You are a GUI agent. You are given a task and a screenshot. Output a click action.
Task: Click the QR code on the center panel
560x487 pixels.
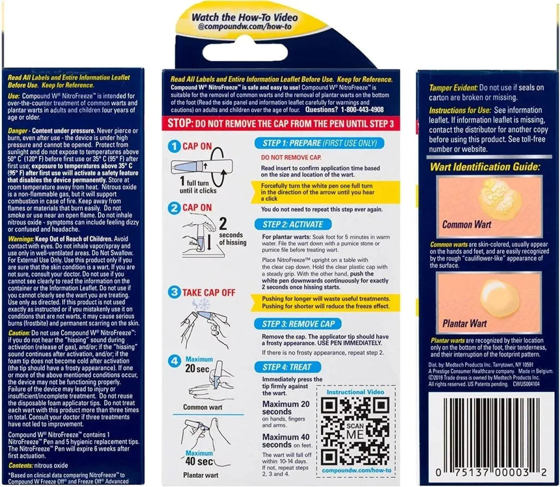click(x=355, y=431)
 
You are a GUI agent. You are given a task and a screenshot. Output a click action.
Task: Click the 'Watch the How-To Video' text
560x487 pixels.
click(x=245, y=17)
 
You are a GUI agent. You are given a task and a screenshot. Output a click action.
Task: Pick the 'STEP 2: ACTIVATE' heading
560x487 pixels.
click(x=293, y=224)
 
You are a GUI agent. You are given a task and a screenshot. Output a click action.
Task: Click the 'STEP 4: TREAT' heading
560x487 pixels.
click(x=286, y=367)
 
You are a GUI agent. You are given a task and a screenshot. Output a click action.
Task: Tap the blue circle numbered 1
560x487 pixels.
click(x=175, y=147)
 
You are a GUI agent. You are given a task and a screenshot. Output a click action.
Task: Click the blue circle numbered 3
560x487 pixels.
click(x=175, y=292)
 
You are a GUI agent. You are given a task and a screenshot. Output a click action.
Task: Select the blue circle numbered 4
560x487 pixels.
click(x=175, y=361)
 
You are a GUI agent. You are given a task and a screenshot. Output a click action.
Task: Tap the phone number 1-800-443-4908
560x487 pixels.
click(x=362, y=110)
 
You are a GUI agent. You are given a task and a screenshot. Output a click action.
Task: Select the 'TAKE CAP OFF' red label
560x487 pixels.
click(x=209, y=293)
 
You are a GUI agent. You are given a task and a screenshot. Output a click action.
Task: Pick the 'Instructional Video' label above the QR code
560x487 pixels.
click(x=355, y=392)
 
